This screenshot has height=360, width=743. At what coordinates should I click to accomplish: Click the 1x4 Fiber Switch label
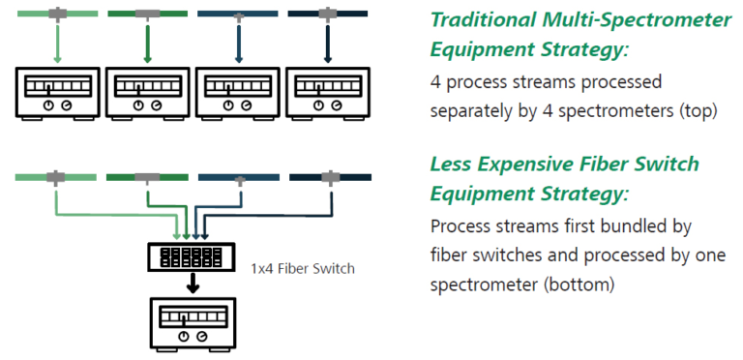(x=303, y=268)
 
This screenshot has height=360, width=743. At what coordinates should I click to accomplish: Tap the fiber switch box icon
(x=192, y=257)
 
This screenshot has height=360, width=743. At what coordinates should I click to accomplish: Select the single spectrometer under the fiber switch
(x=192, y=323)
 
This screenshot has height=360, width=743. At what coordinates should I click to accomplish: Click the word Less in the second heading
(x=453, y=165)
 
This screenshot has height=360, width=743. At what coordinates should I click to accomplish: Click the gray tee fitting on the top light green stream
(x=58, y=14)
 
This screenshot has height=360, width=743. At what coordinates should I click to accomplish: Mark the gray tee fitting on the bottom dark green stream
(x=147, y=177)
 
